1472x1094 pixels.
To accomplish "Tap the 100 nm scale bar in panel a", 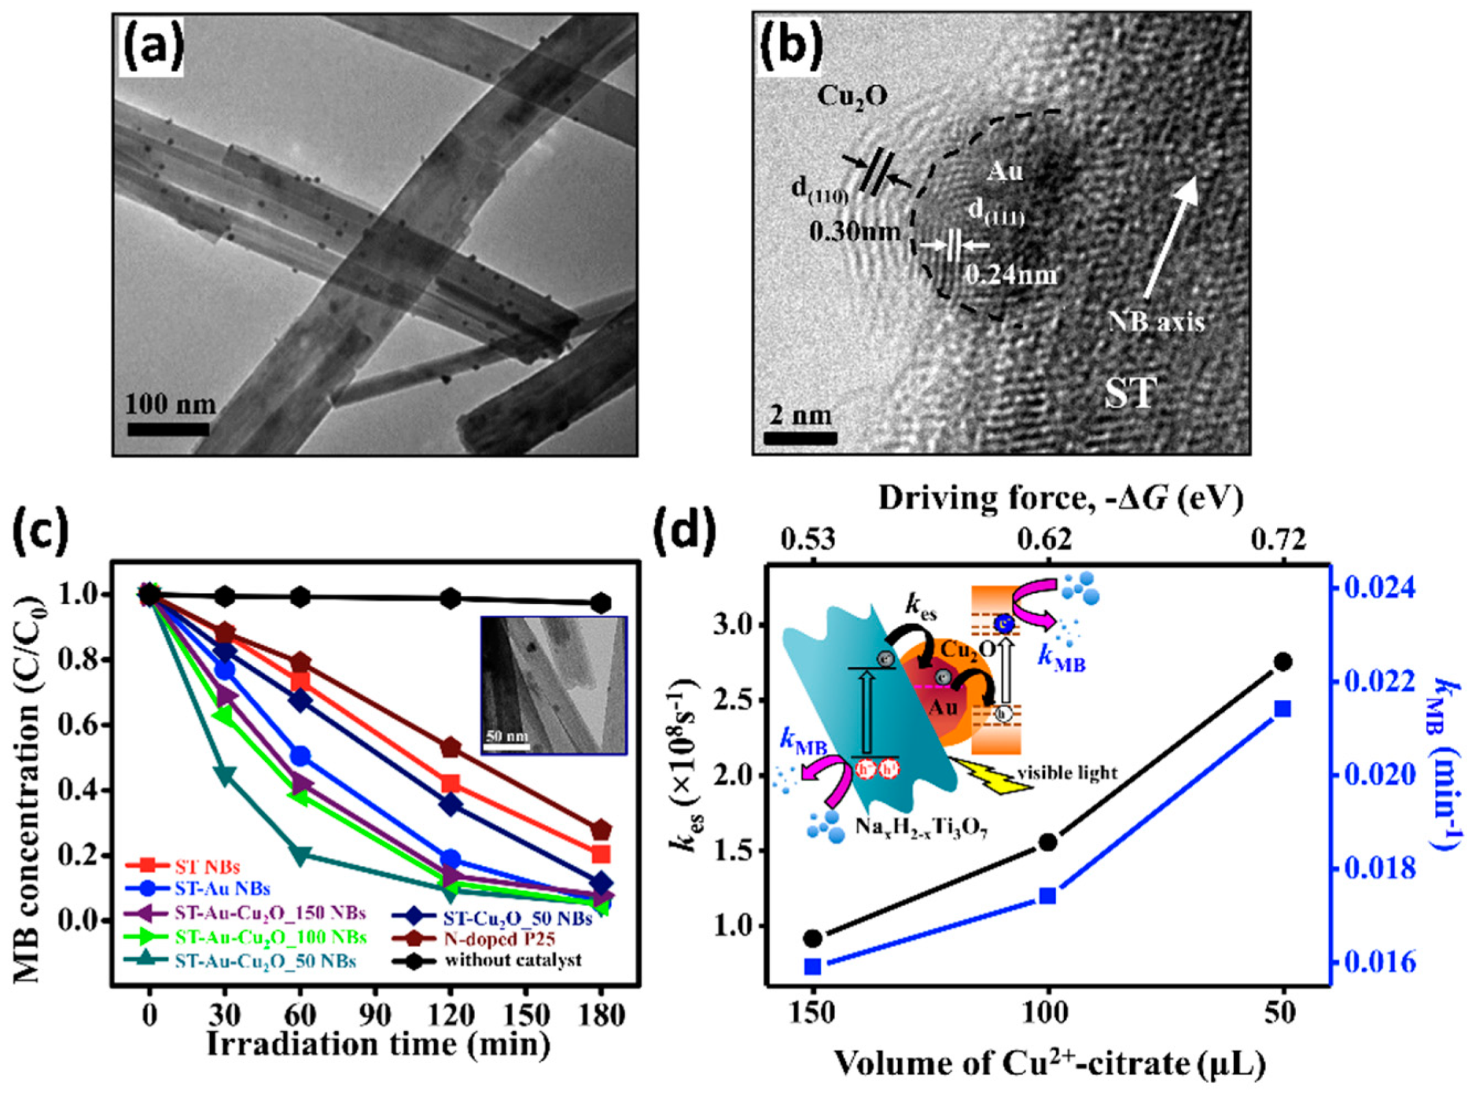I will [x=168, y=428].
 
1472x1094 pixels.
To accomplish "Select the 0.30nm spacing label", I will [x=854, y=231].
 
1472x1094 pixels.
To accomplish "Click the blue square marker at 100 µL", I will [x=1048, y=896].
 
